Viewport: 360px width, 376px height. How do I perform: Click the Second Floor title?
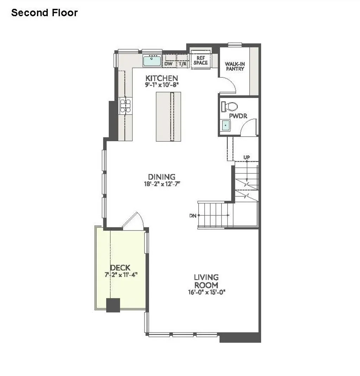coord(44,13)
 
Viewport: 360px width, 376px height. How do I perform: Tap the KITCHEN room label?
coord(162,78)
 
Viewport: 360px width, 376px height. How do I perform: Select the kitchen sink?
coord(152,61)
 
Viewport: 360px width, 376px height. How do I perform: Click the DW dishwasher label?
coord(168,64)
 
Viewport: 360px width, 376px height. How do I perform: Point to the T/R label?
coord(182,64)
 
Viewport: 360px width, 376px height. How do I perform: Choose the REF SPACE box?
coord(201,60)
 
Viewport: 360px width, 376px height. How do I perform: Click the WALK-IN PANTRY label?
coord(235,66)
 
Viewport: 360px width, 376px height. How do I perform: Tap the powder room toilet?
coord(230,106)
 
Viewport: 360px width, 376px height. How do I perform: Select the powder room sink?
coord(225,124)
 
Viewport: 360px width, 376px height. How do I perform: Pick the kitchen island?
coord(168,116)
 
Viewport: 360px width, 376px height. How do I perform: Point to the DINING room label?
coord(161,177)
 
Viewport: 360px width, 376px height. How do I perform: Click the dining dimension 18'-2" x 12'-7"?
coord(161,183)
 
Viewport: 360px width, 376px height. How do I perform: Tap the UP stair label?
coord(246,157)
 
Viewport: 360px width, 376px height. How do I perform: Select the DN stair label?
coord(192,215)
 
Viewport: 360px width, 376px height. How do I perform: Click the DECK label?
coord(120,268)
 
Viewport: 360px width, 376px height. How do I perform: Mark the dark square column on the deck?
coord(113,305)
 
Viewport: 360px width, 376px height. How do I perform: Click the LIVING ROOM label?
coord(206,281)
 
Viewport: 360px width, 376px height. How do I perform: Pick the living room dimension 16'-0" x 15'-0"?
coord(206,292)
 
